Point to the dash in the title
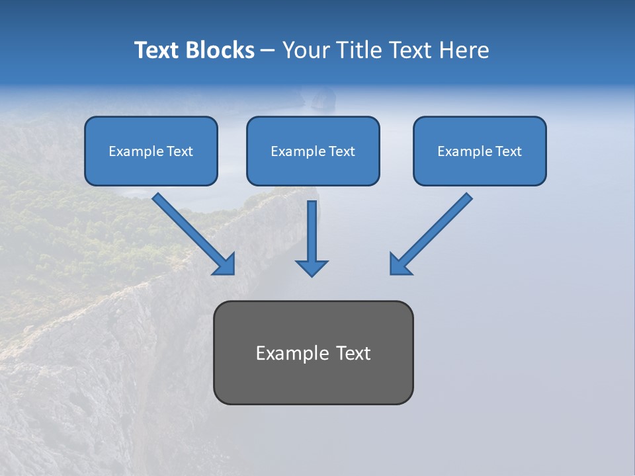click(268, 50)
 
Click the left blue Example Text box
click(151, 151)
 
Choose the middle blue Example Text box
click(313, 151)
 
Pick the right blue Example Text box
click(480, 151)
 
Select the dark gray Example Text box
click(313, 352)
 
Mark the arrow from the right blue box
click(433, 231)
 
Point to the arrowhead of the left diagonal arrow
click(225, 264)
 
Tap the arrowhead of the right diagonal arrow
click(400, 264)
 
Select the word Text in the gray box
click(353, 353)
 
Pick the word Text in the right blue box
click(508, 151)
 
